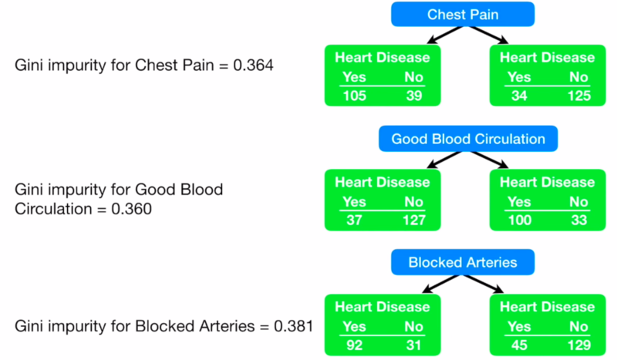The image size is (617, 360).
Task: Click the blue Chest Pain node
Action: [x=462, y=14]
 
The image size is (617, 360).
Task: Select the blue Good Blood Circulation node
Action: [x=467, y=139]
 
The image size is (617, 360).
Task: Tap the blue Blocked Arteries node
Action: [x=463, y=262]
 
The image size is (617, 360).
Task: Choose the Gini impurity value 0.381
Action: [x=293, y=325]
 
